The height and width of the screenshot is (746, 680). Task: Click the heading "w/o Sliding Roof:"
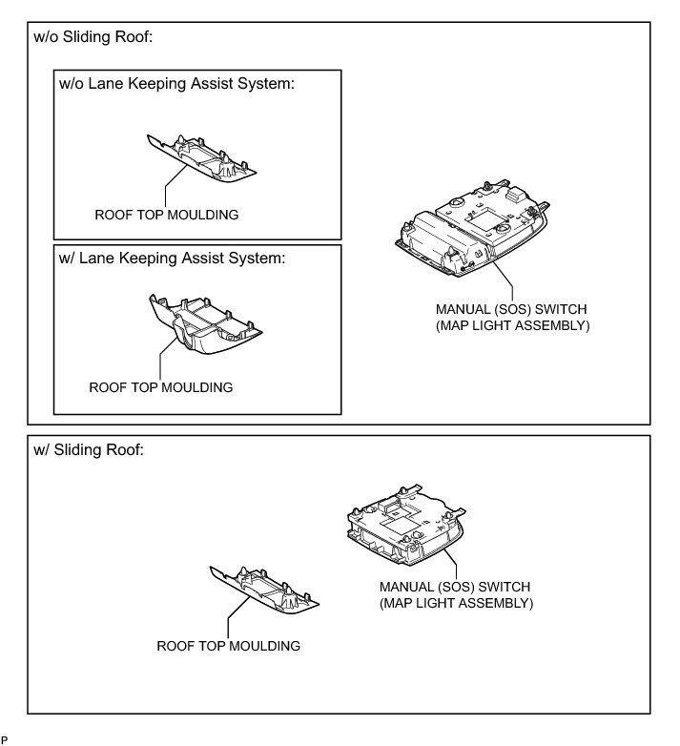tap(93, 37)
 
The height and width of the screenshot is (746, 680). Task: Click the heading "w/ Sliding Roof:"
tap(88, 450)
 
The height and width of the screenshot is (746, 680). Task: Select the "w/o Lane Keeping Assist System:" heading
tap(175, 84)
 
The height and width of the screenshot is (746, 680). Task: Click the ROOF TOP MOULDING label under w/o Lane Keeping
tap(166, 215)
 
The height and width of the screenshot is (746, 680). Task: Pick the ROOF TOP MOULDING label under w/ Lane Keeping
tap(160, 387)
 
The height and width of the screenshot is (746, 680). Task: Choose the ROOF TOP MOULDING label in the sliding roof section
tap(228, 646)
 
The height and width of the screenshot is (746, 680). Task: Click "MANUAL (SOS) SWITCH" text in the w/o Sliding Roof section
tap(511, 310)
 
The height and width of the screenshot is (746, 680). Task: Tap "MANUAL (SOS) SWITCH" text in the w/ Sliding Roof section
tap(454, 586)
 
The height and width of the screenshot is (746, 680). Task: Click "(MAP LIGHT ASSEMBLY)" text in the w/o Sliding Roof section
tap(511, 326)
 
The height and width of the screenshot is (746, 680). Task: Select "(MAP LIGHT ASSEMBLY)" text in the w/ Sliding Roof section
tap(455, 603)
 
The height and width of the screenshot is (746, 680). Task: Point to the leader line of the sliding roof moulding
tap(228, 622)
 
